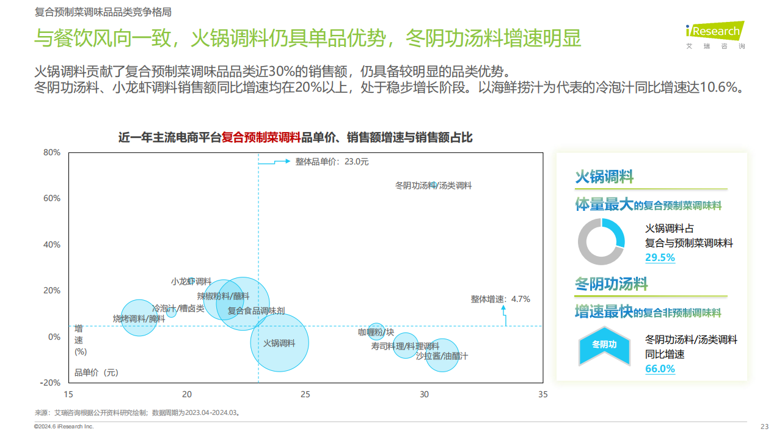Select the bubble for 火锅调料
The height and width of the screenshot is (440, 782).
click(x=279, y=343)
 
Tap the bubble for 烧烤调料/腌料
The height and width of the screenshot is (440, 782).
click(x=139, y=318)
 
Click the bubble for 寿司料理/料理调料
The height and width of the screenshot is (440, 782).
click(x=405, y=346)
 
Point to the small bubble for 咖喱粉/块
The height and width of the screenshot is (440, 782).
click(x=376, y=332)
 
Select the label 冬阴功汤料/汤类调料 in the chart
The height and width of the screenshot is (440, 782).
click(x=433, y=185)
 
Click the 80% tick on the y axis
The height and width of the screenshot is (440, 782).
click(x=52, y=153)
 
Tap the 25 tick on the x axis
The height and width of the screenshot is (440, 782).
click(x=305, y=395)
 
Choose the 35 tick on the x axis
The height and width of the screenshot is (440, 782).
click(x=543, y=395)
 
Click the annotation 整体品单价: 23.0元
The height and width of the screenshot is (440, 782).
click(x=332, y=162)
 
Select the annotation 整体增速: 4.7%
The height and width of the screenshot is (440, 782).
click(x=500, y=299)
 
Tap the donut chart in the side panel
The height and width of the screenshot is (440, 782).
click(x=601, y=242)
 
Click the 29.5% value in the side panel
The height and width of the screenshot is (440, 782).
click(x=660, y=258)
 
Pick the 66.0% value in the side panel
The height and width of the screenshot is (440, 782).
click(x=660, y=369)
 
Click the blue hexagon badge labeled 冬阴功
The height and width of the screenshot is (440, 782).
click(x=604, y=344)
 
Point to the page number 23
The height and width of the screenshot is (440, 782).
click(x=764, y=427)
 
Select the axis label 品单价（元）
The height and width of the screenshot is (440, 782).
click(x=97, y=372)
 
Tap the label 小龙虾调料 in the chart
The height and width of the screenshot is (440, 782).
click(x=191, y=282)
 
